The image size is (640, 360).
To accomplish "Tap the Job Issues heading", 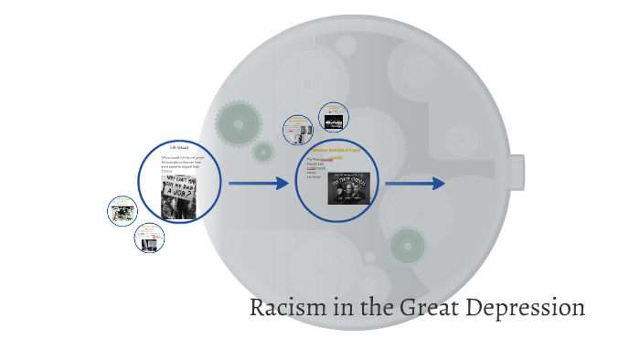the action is coord(179,146).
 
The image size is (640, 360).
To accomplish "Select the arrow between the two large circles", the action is coord(259,184).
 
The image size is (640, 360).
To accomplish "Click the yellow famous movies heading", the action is coord(337,148).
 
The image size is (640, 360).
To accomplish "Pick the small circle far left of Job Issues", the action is coord(122,211).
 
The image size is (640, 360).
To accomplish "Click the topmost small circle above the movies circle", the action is coord(333,117).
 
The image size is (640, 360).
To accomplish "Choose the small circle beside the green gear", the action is coord(298,130).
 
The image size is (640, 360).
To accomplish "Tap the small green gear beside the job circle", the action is coord(263,152).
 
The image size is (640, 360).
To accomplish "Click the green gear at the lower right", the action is coord(407,245).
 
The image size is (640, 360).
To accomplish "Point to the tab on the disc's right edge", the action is coord(517,172).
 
